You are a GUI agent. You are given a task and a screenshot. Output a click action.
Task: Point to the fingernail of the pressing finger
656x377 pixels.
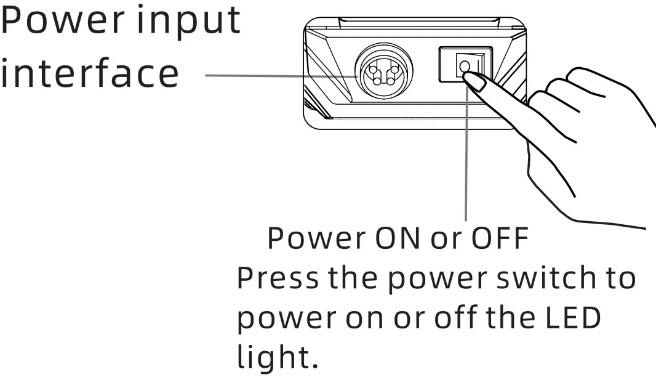pos(473,79)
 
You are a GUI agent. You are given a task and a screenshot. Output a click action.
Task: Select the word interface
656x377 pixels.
pos(90,73)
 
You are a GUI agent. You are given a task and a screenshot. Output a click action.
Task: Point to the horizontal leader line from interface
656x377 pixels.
pos(277,76)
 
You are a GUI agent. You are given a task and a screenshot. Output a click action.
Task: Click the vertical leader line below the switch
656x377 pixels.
pos(466,160)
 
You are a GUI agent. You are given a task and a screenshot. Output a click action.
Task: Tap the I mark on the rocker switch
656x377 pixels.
pos(478,63)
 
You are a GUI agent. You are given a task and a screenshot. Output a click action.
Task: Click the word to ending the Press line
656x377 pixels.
pos(616,278)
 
